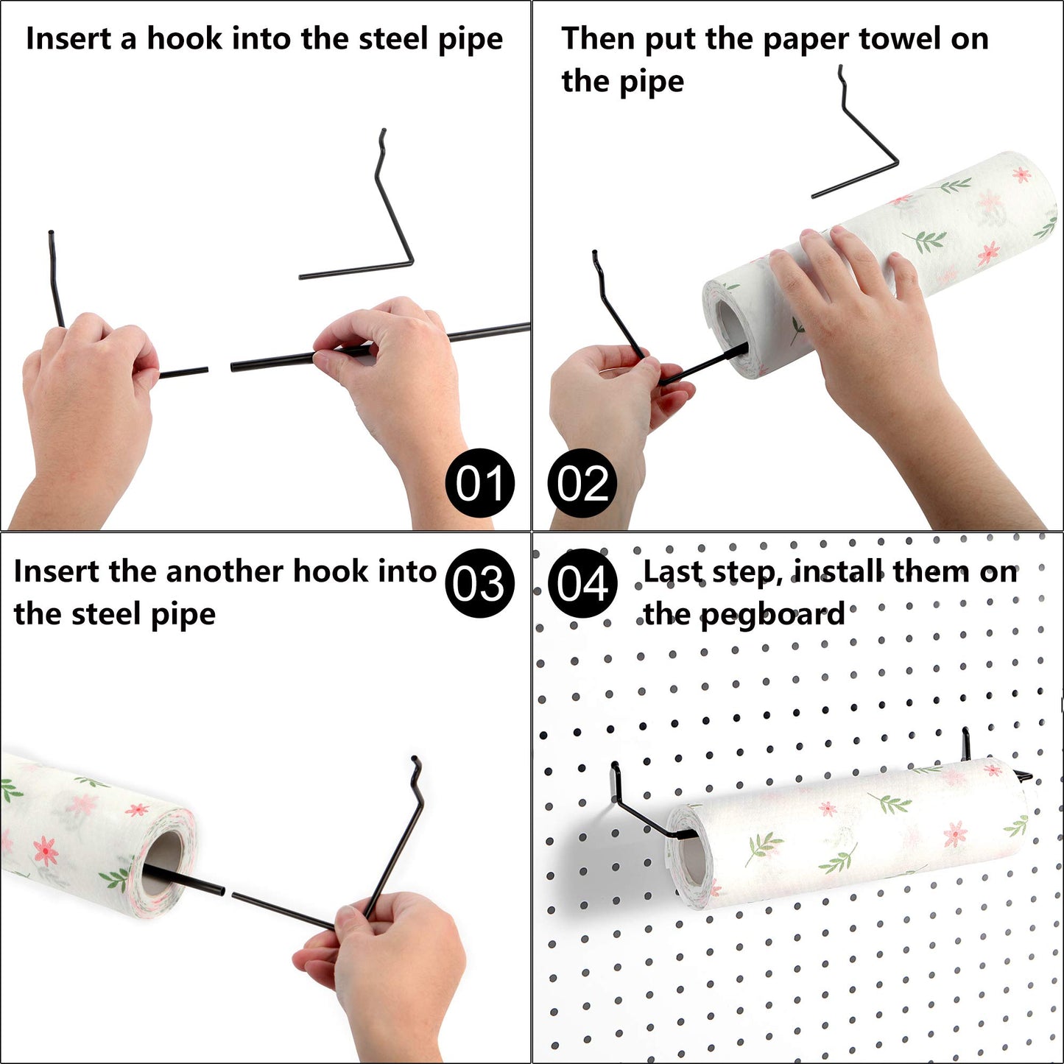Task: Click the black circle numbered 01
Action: [x=479, y=483]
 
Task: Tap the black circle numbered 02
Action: [x=582, y=483]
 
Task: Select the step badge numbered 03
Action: [x=479, y=583]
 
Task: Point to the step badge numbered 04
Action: [x=582, y=583]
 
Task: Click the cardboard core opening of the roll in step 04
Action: [x=693, y=859]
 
